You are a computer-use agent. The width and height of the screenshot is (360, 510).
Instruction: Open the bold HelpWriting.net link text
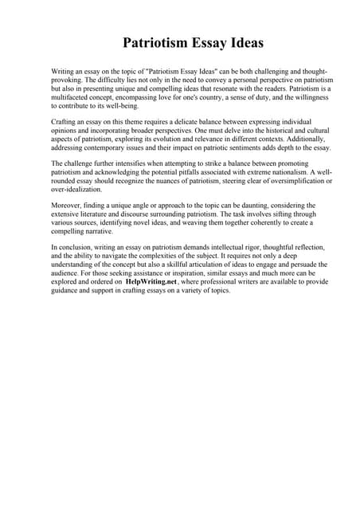155,282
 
